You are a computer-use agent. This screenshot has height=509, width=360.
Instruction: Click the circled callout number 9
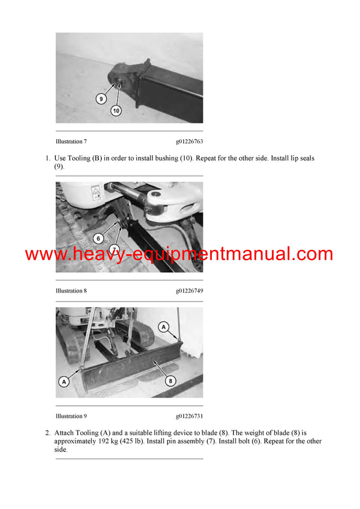point(101,99)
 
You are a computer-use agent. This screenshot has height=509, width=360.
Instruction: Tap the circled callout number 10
point(116,110)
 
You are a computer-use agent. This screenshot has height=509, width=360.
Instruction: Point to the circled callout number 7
point(114,249)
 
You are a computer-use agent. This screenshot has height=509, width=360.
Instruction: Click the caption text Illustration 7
point(71,141)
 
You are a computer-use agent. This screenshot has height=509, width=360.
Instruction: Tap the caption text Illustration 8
point(71,291)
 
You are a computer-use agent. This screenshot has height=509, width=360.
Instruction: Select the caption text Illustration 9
point(71,416)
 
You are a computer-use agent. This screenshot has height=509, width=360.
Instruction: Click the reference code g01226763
point(189,141)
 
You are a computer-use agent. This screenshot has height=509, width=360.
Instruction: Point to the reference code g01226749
point(189,291)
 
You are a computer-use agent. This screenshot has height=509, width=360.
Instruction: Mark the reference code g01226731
point(189,416)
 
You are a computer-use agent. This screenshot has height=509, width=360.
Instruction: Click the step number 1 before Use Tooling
point(47,158)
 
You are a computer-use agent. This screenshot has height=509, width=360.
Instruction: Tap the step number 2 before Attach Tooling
point(47,433)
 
